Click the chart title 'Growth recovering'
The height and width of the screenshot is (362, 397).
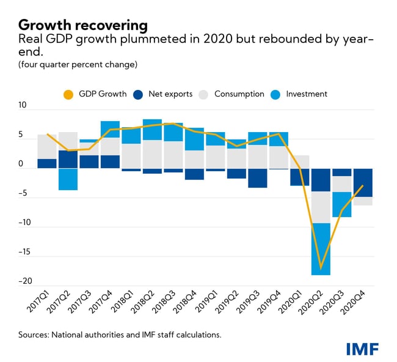click(83, 25)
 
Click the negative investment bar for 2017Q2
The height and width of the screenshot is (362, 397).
click(68, 179)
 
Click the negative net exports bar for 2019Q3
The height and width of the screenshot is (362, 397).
click(258, 178)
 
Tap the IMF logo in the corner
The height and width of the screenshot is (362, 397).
click(363, 349)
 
